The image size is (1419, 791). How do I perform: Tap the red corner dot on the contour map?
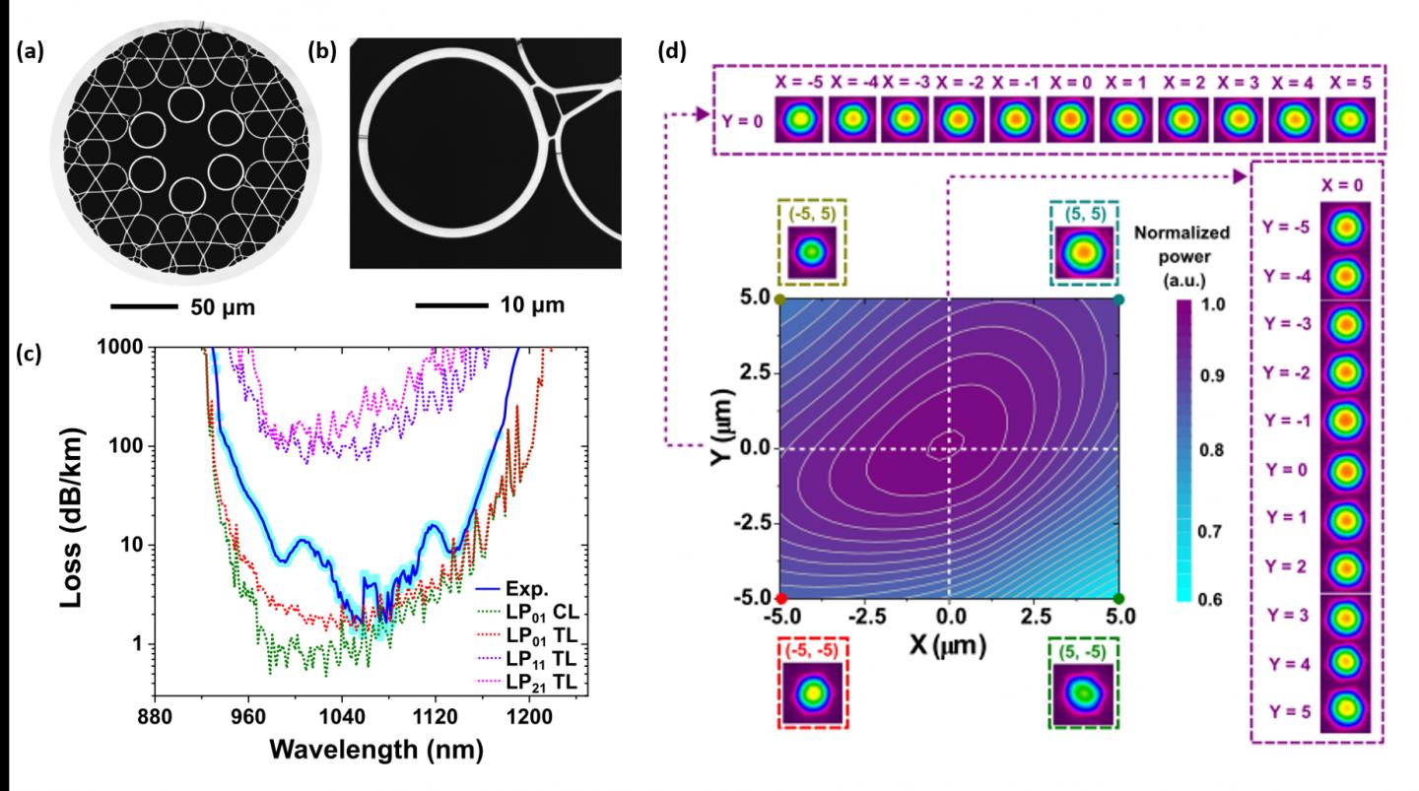780,598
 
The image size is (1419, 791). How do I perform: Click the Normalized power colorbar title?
1197,253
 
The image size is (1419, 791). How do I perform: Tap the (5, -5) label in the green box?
1083,646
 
